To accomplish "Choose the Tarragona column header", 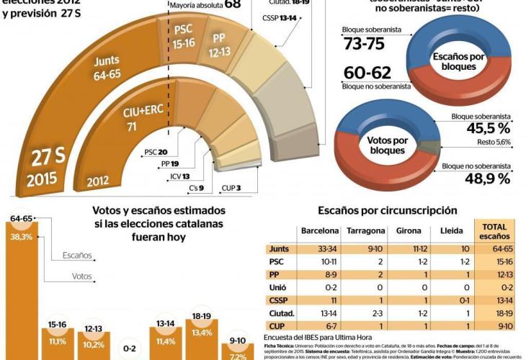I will click(x=367, y=232).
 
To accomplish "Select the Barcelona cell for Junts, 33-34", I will click(x=318, y=248).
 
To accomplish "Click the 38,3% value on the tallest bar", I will click(x=22, y=235).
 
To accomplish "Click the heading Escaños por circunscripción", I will click(x=388, y=210).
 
